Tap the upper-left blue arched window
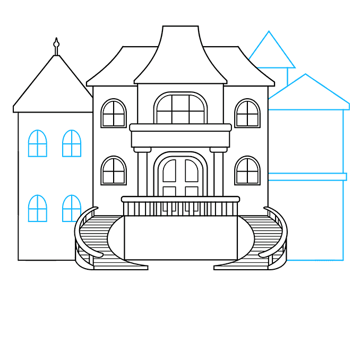coord(37,144)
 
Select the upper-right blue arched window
coord(72,144)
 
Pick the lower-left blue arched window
coord(37,209)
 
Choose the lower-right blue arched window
coord(71,209)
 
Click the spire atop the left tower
coord(56,46)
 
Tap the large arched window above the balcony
coord(180,109)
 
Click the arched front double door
coord(180,175)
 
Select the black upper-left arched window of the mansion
coord(114,114)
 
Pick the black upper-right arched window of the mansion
coord(247,114)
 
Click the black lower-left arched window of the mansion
coord(114,170)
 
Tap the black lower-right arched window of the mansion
coord(247,170)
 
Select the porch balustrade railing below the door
coord(180,207)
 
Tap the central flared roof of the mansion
coord(180,58)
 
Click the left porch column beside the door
coord(142,173)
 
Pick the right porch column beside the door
coord(218,173)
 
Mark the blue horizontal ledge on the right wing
coord(306,177)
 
